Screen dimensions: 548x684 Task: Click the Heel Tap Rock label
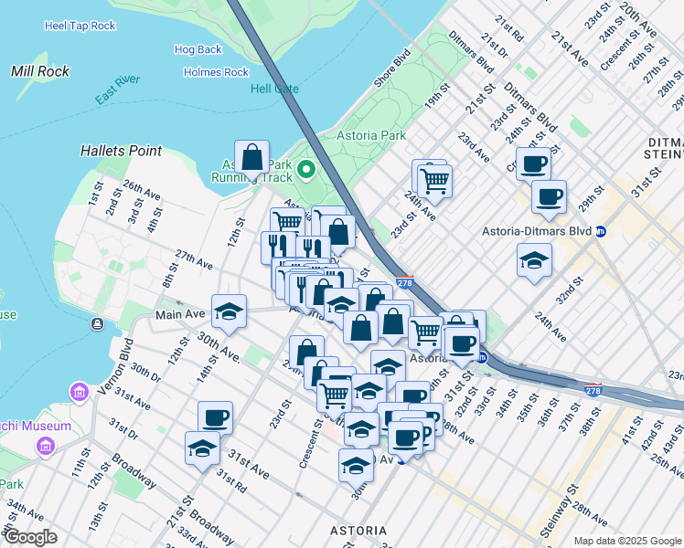pyautogui.click(x=80, y=26)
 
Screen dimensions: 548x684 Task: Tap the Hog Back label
pyautogui.click(x=198, y=49)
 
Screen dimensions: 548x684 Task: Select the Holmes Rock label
pyautogui.click(x=216, y=72)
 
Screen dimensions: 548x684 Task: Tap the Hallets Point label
pyautogui.click(x=121, y=151)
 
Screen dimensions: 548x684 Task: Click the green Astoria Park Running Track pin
pyautogui.click(x=305, y=169)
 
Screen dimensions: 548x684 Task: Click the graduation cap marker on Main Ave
pyautogui.click(x=229, y=311)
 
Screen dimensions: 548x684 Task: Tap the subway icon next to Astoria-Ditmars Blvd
pyautogui.click(x=601, y=231)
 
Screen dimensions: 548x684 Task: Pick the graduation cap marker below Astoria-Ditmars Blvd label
pyautogui.click(x=534, y=261)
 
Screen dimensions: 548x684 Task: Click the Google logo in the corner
pyautogui.click(x=30, y=537)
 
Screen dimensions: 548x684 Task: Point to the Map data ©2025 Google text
pyautogui.click(x=627, y=541)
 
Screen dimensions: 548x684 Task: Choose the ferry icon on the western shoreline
pyautogui.click(x=97, y=324)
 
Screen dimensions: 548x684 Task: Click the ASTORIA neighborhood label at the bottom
pyautogui.click(x=358, y=531)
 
